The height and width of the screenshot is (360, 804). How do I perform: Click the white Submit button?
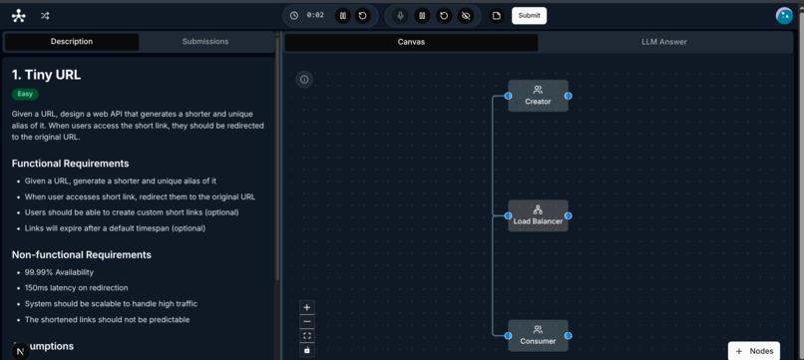click(x=529, y=15)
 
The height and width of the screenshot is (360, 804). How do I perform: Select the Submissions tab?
click(x=205, y=42)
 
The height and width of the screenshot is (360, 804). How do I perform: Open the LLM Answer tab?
click(x=663, y=42)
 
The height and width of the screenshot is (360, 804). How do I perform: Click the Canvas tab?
click(x=411, y=42)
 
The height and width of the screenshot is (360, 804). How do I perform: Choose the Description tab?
click(x=72, y=42)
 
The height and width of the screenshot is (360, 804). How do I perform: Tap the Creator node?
click(x=538, y=96)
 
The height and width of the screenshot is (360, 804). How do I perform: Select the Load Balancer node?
click(x=538, y=215)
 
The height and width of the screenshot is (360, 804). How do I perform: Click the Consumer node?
click(x=538, y=335)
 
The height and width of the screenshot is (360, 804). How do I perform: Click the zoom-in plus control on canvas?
click(x=307, y=308)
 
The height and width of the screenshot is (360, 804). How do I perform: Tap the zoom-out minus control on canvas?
click(x=307, y=322)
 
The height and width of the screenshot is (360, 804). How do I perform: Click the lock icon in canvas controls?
click(x=307, y=350)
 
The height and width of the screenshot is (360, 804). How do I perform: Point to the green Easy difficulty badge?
click(x=25, y=94)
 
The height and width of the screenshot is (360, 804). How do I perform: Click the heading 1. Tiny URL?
click(x=47, y=75)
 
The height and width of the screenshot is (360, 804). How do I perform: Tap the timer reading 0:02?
click(x=315, y=15)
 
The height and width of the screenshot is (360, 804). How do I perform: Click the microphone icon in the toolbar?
click(x=401, y=15)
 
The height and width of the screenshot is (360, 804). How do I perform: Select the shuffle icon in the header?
click(x=45, y=16)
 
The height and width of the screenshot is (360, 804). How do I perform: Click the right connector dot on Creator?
click(x=568, y=96)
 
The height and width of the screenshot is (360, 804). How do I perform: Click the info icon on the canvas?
click(x=304, y=80)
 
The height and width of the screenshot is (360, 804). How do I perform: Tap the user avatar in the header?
click(x=784, y=15)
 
